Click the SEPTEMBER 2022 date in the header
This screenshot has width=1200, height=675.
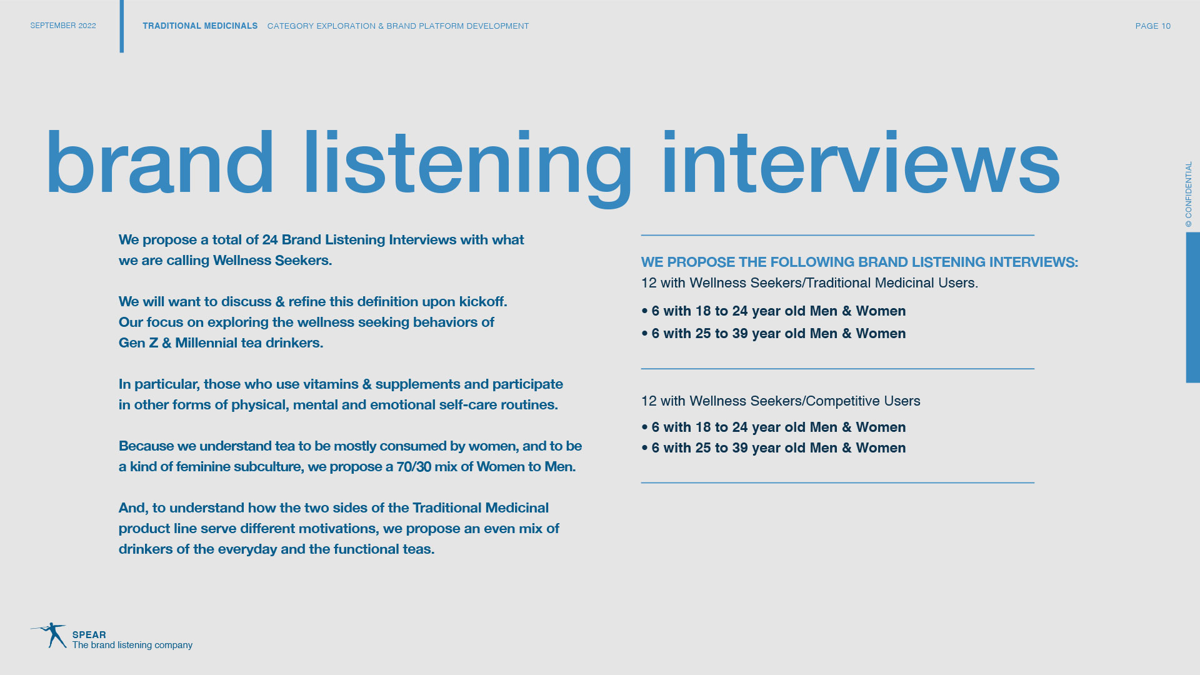coord(63,26)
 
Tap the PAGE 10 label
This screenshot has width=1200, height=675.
coord(1152,26)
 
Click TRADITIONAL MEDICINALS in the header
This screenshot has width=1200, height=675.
coord(200,26)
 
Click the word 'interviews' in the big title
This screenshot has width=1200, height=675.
coord(861,163)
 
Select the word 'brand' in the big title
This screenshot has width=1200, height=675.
coord(159,162)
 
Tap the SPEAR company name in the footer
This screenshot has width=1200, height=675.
coord(89,634)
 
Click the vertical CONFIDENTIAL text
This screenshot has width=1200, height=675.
coord(1188,194)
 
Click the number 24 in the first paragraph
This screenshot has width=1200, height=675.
coord(270,240)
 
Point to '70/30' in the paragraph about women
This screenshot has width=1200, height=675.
coord(414,467)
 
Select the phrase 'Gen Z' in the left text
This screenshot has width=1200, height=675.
coord(138,343)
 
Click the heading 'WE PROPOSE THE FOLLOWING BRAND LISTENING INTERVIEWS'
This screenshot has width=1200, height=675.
coord(859,262)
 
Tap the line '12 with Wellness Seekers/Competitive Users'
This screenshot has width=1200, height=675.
coord(781,401)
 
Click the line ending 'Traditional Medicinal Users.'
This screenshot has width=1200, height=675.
coord(809,283)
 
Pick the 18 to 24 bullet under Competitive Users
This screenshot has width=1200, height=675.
coord(774,427)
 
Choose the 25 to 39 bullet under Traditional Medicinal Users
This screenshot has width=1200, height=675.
coord(774,334)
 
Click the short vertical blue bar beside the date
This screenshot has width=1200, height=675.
coord(122,26)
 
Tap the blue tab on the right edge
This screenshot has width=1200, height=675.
coord(1192,307)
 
